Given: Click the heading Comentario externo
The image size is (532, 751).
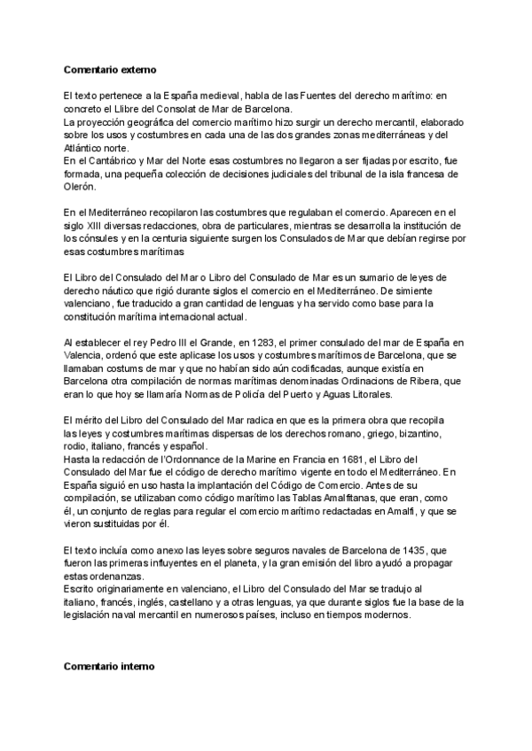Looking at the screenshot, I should (x=110, y=69).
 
